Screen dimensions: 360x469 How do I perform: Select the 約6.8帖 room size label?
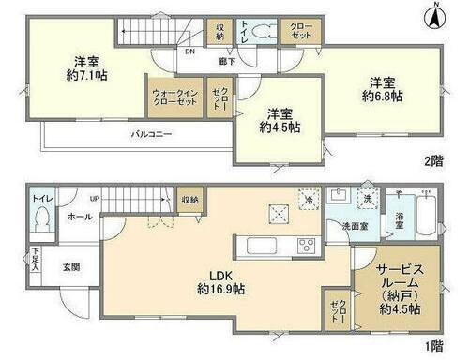[x=383, y=95]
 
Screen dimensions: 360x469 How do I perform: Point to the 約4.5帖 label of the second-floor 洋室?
[x=280, y=126]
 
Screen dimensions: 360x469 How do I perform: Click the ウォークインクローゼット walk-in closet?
[x=174, y=99]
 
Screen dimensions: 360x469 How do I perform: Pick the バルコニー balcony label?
[x=151, y=135]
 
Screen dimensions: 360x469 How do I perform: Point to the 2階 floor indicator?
[x=432, y=160]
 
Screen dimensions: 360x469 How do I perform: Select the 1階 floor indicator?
[x=432, y=347]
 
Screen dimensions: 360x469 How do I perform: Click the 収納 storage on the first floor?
[x=189, y=199]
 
